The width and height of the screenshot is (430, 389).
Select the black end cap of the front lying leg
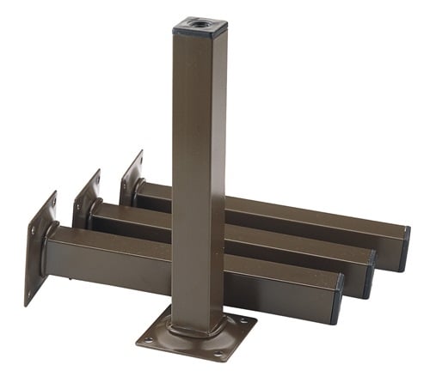pyautogui.click(x=336, y=298)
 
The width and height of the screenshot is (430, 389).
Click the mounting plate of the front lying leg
pyautogui.click(x=39, y=248)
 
